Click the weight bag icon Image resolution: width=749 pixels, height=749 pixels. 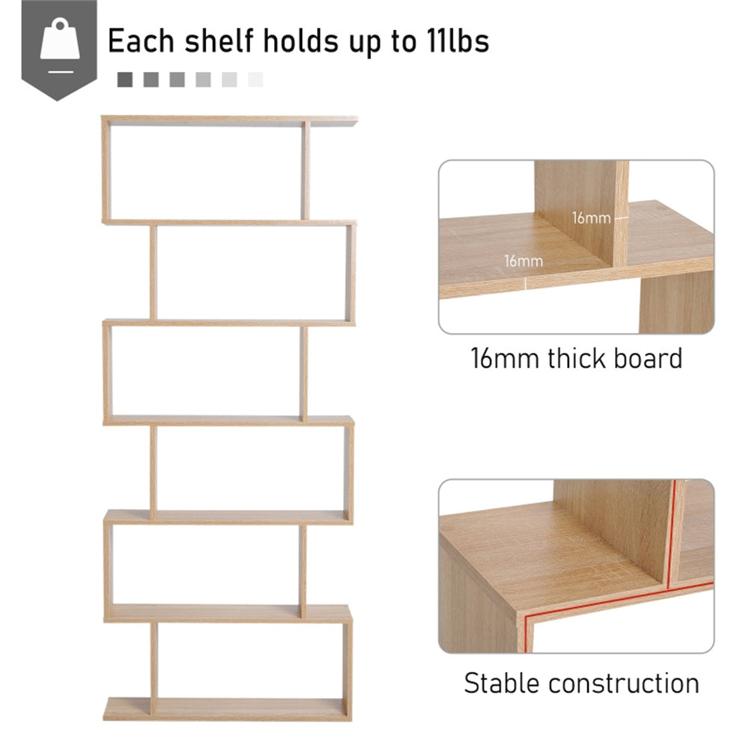tap(59, 43)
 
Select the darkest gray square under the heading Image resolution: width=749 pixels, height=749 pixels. tap(125, 79)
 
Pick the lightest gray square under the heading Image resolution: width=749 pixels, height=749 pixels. tap(255, 79)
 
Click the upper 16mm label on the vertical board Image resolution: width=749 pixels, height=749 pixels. tap(590, 219)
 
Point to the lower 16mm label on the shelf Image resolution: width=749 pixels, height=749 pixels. tap(524, 261)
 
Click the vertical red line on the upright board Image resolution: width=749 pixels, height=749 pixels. tap(672, 532)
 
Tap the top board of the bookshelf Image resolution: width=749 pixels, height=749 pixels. tap(228, 119)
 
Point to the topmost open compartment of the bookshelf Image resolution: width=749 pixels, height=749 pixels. tap(204, 171)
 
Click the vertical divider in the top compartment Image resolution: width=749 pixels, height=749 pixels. tap(305, 171)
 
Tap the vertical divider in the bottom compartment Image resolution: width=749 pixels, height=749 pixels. tap(154, 660)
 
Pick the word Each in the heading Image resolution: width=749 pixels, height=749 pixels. tap(139, 40)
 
